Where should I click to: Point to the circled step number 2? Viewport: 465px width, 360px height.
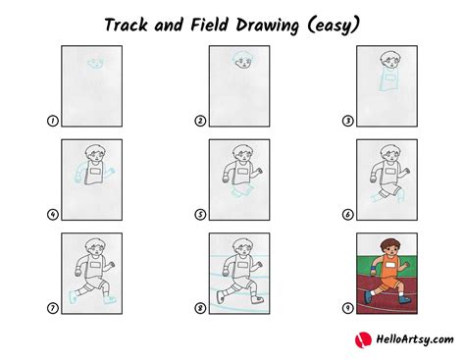[199, 122]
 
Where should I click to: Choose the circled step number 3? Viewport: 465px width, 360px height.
[347, 122]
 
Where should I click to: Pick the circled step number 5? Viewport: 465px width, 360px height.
[199, 214]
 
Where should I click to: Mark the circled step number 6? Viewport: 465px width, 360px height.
[347, 214]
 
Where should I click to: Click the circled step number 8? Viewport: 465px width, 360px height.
[199, 308]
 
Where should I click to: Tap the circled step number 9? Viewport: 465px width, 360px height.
[347, 308]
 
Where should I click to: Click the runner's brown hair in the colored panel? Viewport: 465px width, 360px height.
[388, 240]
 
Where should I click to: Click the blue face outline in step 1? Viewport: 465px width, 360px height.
[94, 64]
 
